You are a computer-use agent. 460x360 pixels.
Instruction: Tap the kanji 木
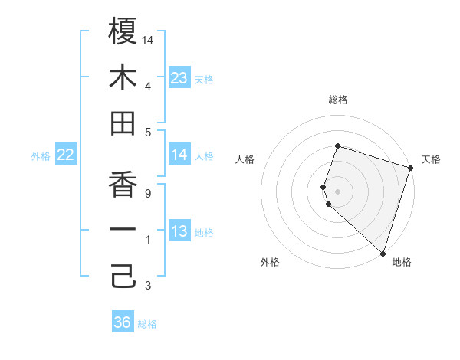(123, 77)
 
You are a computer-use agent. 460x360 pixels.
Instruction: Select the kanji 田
(123, 123)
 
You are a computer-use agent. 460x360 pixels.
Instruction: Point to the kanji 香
(123, 185)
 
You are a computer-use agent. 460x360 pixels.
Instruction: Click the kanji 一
(123, 231)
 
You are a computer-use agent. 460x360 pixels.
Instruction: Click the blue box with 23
(179, 78)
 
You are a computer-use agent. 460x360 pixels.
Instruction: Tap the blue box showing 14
(179, 155)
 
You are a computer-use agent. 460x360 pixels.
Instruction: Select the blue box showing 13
(179, 232)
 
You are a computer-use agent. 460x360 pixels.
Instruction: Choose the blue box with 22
(66, 155)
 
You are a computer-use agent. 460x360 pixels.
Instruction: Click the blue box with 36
(123, 322)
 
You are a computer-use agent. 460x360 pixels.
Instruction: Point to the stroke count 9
(148, 194)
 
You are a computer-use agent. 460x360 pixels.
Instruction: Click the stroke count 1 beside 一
(148, 241)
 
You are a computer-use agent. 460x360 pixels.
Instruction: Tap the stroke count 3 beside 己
(148, 286)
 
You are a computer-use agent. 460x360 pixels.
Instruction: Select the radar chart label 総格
(338, 100)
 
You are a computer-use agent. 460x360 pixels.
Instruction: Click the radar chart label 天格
(431, 159)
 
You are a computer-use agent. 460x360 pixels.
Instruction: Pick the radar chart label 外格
(270, 263)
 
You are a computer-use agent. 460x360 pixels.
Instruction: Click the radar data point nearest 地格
(383, 253)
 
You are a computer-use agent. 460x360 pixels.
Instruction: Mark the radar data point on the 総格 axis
(337, 146)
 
